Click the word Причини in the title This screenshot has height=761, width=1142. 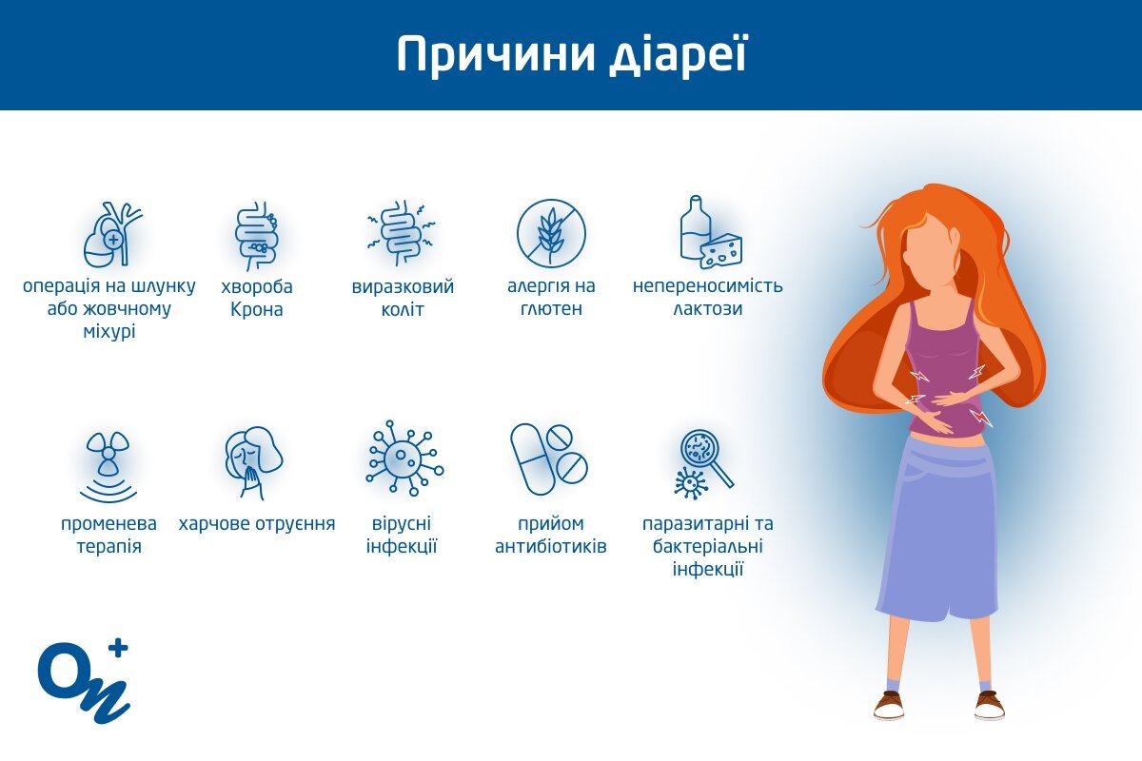click(496, 55)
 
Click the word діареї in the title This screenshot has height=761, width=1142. click(679, 55)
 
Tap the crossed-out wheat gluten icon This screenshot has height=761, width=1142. click(551, 233)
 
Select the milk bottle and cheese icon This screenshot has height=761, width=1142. click(711, 232)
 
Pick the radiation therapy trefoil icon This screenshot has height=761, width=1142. click(108, 467)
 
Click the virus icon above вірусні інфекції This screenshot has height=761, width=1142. click(404, 458)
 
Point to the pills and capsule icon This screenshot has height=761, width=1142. click(549, 459)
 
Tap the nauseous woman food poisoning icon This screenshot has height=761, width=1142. click(253, 463)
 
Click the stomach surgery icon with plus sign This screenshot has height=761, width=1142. click(112, 234)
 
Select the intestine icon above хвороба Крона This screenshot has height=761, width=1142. click(257, 236)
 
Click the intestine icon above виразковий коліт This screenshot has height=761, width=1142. click(402, 233)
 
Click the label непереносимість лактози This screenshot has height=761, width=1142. click(708, 297)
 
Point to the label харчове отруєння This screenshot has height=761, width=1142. click(257, 524)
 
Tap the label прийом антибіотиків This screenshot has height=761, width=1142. click(551, 535)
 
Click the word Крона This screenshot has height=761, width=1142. click(256, 309)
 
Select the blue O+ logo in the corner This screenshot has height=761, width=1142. click(84, 680)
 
